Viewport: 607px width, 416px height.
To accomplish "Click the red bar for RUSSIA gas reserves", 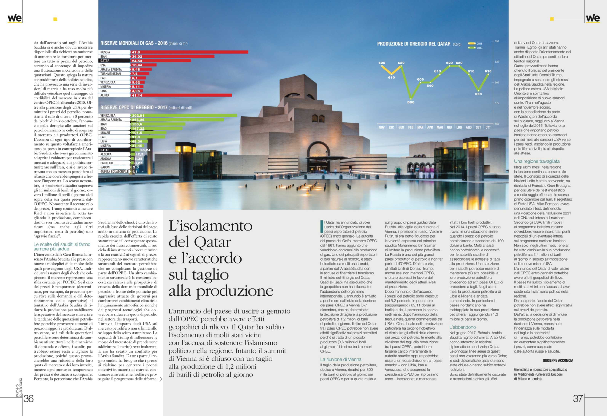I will tap(189, 52).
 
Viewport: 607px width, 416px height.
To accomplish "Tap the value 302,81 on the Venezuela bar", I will tap(138, 115).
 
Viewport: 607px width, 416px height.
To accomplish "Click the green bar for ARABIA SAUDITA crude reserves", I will tap(178, 120).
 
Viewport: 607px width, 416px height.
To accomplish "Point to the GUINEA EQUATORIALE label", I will tap(114, 172).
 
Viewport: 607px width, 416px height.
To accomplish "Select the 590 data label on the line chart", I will tap(478, 94).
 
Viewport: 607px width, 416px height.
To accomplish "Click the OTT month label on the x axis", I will tap(488, 127).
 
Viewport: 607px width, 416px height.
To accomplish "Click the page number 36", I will tap(29, 398).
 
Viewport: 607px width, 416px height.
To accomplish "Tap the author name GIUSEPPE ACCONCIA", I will tap(558, 360).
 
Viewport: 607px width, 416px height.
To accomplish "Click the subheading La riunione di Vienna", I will tap(341, 359).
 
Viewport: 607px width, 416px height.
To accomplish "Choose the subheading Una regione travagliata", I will tap(537, 161).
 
